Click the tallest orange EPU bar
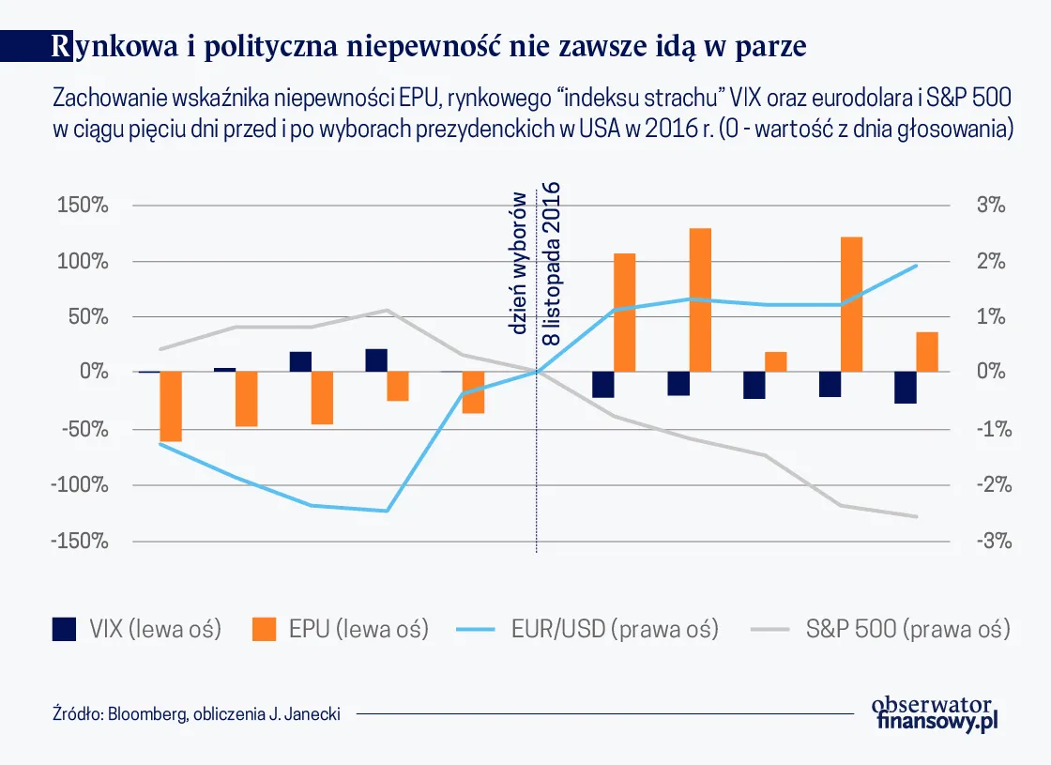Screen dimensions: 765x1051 coord(700,300)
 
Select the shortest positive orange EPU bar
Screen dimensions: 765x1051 coord(776,362)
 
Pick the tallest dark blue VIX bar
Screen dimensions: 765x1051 coord(376,360)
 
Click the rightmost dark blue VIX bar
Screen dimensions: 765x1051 coord(906,388)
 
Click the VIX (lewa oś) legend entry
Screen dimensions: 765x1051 coord(137,629)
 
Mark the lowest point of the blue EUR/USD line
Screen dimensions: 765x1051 coord(386,511)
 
